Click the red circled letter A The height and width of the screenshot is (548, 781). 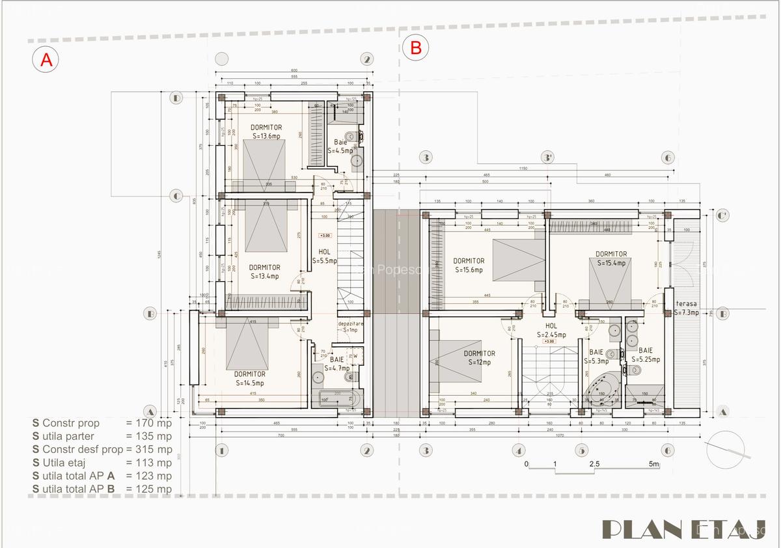pos(46,59)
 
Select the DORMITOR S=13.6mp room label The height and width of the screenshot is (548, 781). pos(266,131)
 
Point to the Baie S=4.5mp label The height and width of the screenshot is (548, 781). pos(340,146)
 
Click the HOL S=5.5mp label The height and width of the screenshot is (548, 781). pos(324,256)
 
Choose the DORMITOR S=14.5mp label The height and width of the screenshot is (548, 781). pos(250,378)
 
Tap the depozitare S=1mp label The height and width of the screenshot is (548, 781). pos(351,327)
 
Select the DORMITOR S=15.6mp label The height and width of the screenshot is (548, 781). pos(469,266)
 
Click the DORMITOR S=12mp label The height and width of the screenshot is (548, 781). pos(480,357)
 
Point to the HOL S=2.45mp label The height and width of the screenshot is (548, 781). pos(551,330)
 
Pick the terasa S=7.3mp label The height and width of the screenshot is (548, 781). pos(686,308)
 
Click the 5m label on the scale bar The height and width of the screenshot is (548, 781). pos(654,464)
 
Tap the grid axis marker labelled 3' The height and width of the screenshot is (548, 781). pos(549,158)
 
